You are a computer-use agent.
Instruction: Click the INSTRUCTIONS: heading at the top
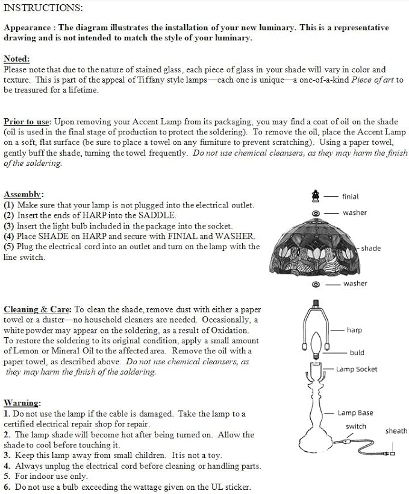pyautogui.click(x=43, y=8)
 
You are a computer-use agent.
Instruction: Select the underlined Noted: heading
pyautogui.click(x=17, y=59)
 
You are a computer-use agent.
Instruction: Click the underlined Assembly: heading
pyautogui.click(x=23, y=194)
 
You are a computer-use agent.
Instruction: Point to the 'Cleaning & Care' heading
pyautogui.click(x=38, y=309)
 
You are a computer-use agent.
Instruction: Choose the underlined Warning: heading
pyautogui.click(x=22, y=402)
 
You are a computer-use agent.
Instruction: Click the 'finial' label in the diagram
pyautogui.click(x=350, y=197)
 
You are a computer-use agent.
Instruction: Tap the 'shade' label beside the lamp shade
pyautogui.click(x=371, y=249)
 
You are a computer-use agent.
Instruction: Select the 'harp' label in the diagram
pyautogui.click(x=354, y=330)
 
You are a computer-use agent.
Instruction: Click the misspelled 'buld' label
pyautogui.click(x=357, y=352)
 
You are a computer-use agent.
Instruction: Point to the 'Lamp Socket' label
pyautogui.click(x=357, y=369)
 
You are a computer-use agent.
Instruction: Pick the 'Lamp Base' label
pyautogui.click(x=355, y=413)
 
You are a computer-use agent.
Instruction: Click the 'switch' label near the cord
pyautogui.click(x=355, y=426)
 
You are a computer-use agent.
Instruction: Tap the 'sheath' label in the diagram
pyautogui.click(x=396, y=431)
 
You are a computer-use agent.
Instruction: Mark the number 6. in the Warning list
pyautogui.click(x=7, y=487)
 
